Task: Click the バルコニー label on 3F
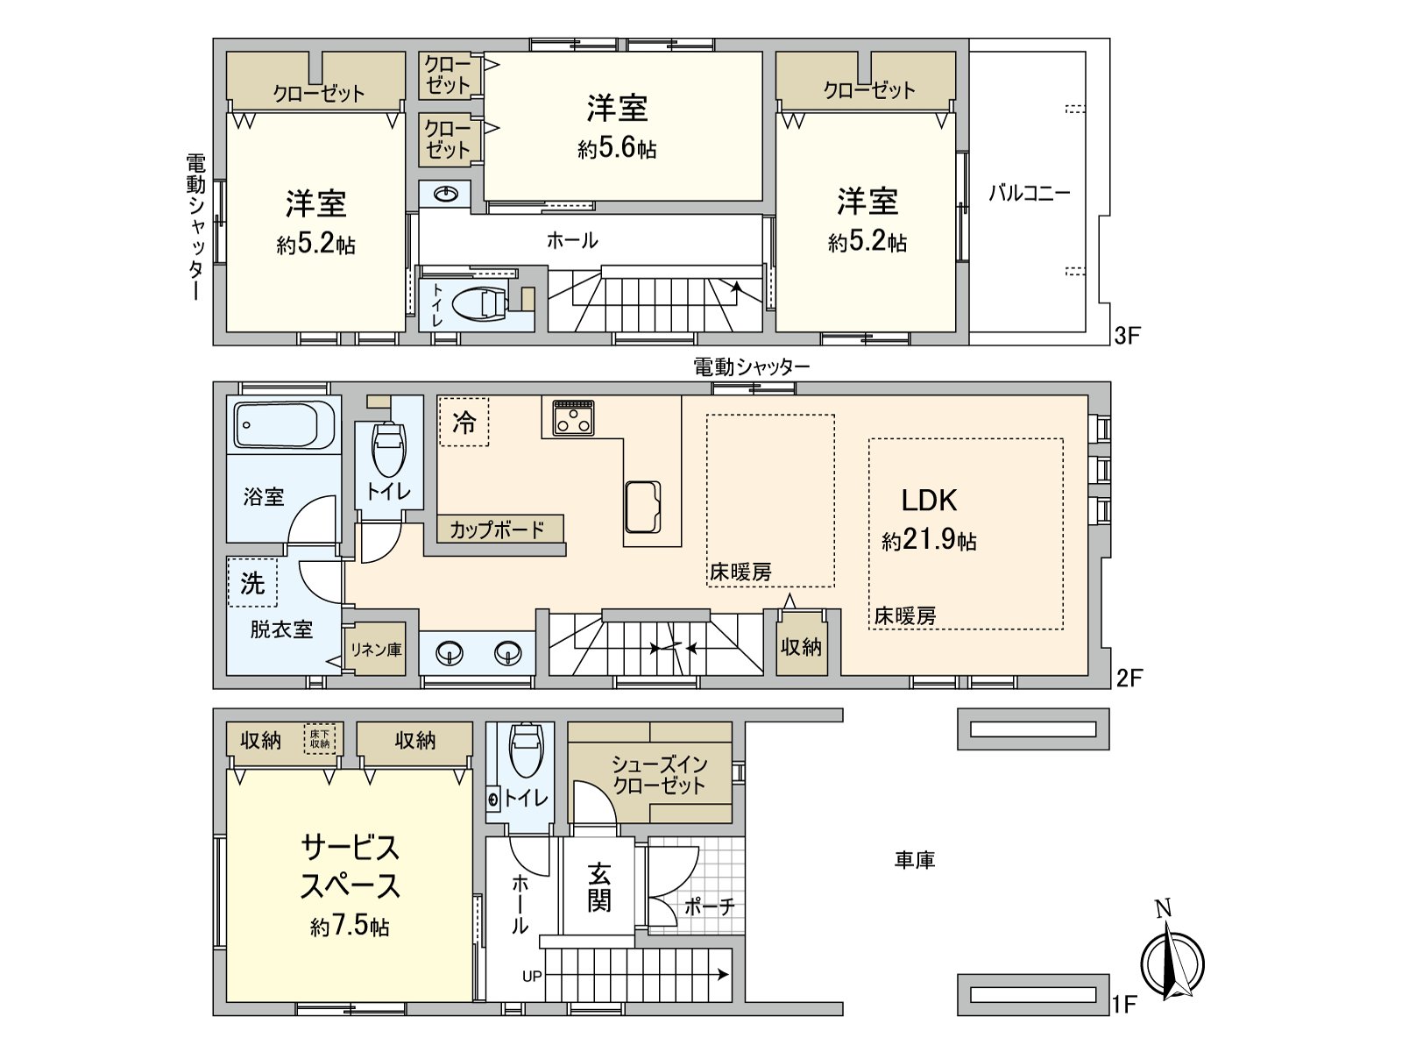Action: click(x=1029, y=193)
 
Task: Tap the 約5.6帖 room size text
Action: click(x=617, y=149)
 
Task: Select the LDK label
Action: click(x=929, y=501)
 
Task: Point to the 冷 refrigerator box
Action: click(x=464, y=423)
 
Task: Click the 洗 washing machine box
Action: click(x=252, y=583)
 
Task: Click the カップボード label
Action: click(x=497, y=530)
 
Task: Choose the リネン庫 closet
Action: click(x=376, y=650)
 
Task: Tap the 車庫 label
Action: click(x=914, y=860)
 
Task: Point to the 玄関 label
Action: click(x=599, y=887)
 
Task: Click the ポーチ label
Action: click(x=709, y=906)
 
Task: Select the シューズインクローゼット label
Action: click(x=659, y=775)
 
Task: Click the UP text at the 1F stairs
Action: click(x=532, y=976)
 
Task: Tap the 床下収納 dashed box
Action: click(x=320, y=739)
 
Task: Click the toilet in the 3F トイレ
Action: click(x=480, y=303)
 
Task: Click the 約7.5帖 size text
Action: click(x=350, y=927)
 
